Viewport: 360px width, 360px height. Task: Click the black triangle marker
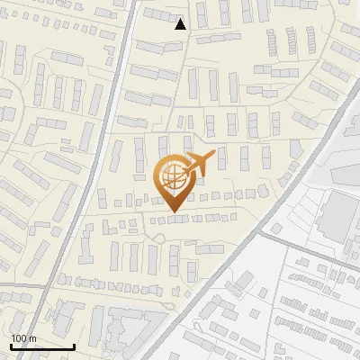(x=181, y=24)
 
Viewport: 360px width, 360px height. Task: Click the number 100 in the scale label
(x=19, y=338)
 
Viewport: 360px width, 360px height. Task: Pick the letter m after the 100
(x=32, y=338)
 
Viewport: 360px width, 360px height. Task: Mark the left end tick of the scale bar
(x=12, y=346)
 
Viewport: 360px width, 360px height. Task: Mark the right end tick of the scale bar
(x=74, y=346)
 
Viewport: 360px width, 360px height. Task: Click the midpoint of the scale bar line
(x=43, y=347)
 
